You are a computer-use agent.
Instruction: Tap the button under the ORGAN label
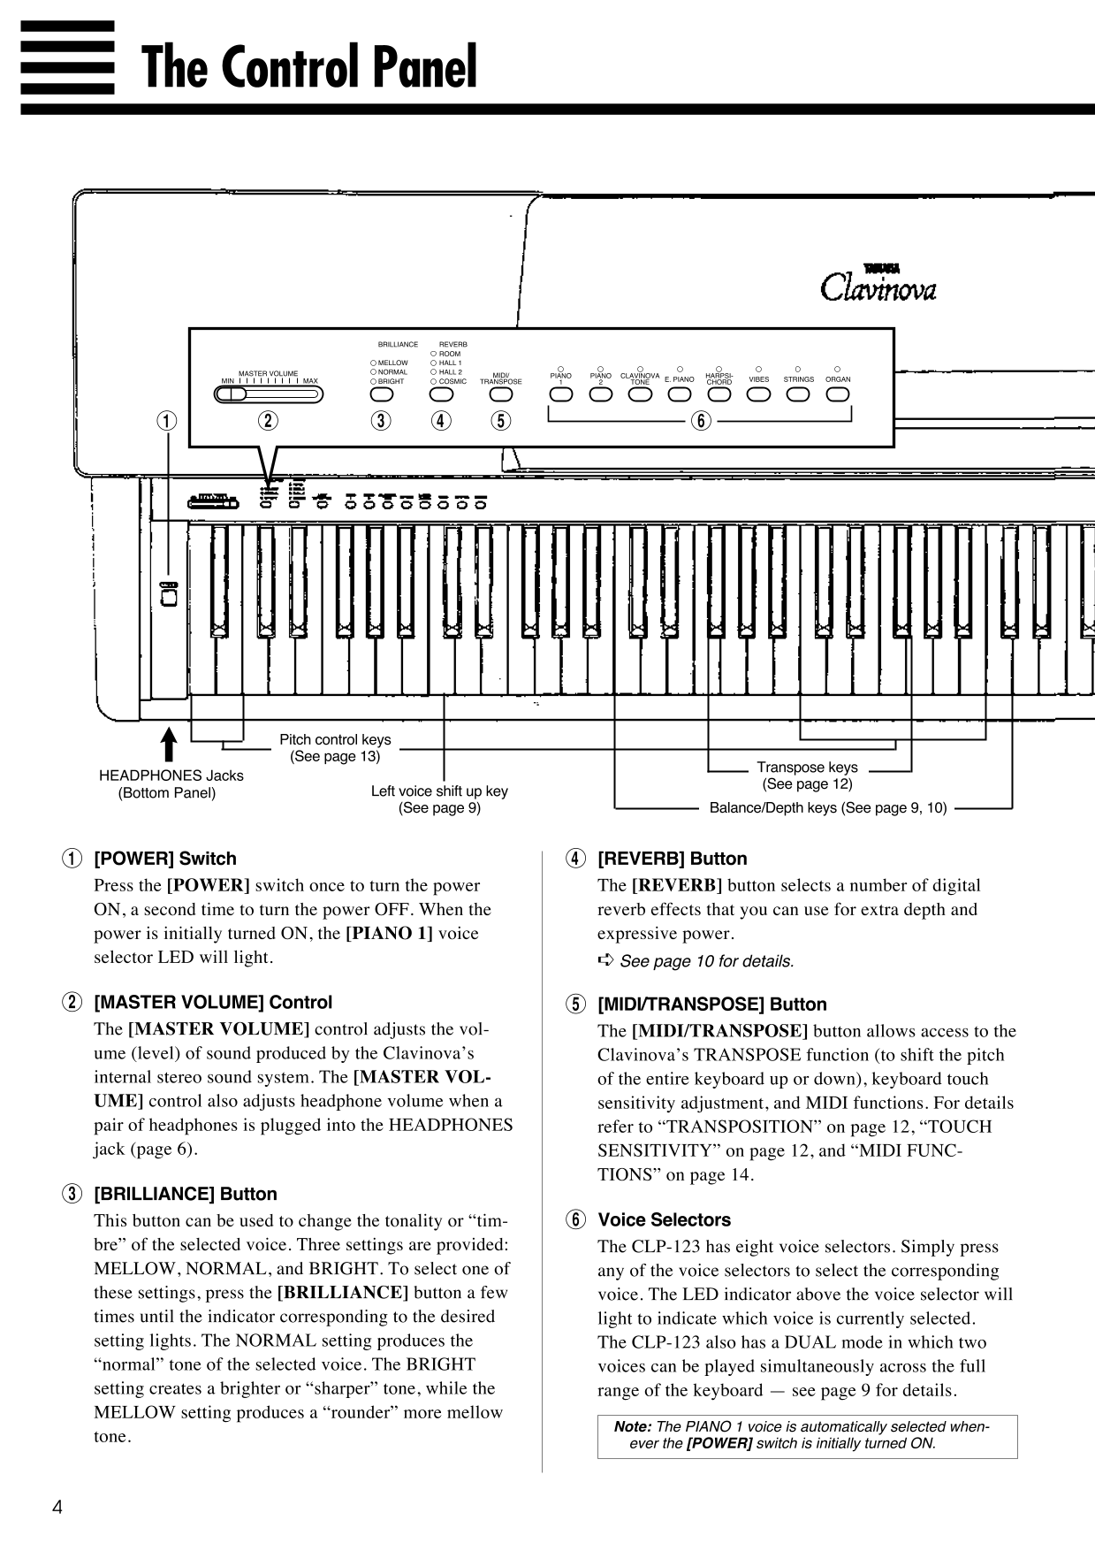coord(837,394)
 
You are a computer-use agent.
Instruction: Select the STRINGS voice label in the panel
coord(798,379)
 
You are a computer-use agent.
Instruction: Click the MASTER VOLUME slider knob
coord(232,394)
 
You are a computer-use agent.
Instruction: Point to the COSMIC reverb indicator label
coord(452,381)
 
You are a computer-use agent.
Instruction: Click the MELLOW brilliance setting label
coord(392,363)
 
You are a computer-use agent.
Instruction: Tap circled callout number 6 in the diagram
coord(700,421)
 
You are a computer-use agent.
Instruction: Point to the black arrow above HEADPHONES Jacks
coord(169,743)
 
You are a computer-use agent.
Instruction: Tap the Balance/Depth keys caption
coord(827,807)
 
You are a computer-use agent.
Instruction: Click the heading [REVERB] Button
coord(672,858)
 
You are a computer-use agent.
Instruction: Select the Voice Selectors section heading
coord(664,1219)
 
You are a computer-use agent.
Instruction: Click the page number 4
coord(57,1508)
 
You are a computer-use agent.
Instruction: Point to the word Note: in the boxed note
coord(633,1426)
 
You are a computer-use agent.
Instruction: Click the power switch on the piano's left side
coord(170,597)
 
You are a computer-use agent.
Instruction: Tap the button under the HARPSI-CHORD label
coord(719,394)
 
